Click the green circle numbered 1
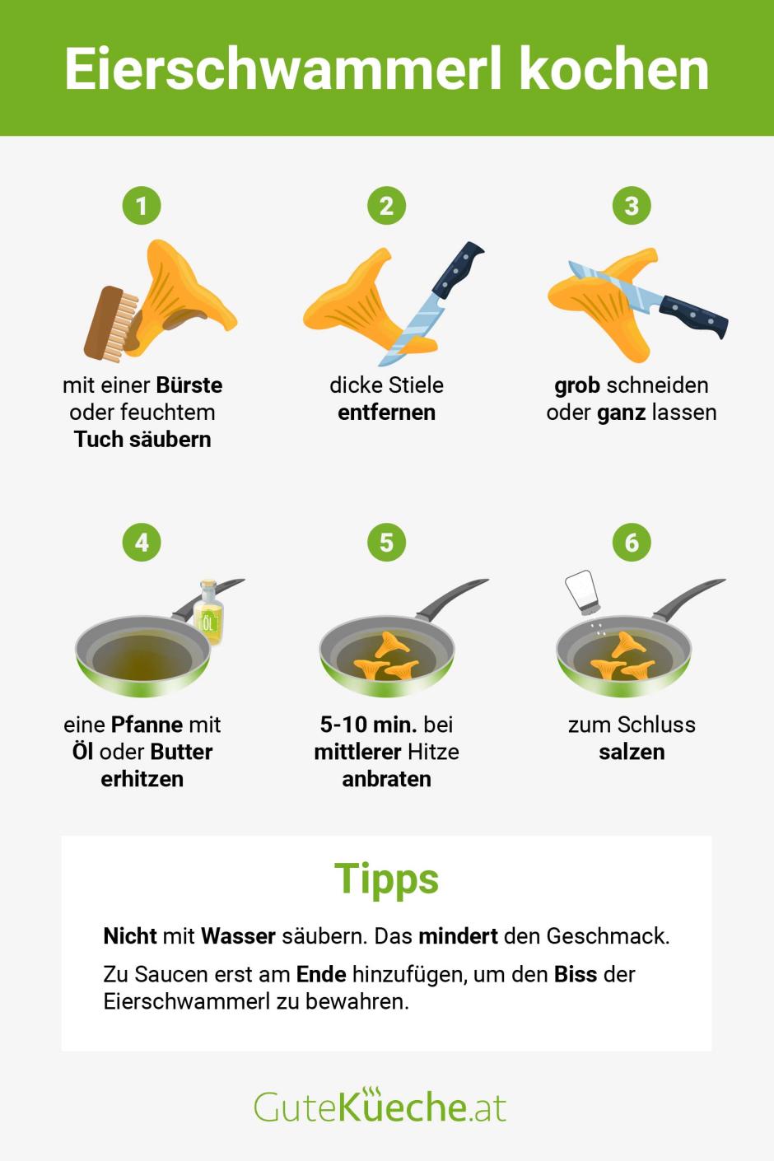click(142, 205)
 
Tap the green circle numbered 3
click(632, 205)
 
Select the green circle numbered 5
click(386, 542)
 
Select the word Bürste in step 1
click(189, 385)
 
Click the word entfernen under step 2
click(386, 412)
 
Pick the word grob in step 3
click(576, 385)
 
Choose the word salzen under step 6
click(632, 751)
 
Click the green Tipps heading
click(386, 879)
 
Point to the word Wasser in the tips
click(238, 935)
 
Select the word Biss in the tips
click(576, 974)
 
